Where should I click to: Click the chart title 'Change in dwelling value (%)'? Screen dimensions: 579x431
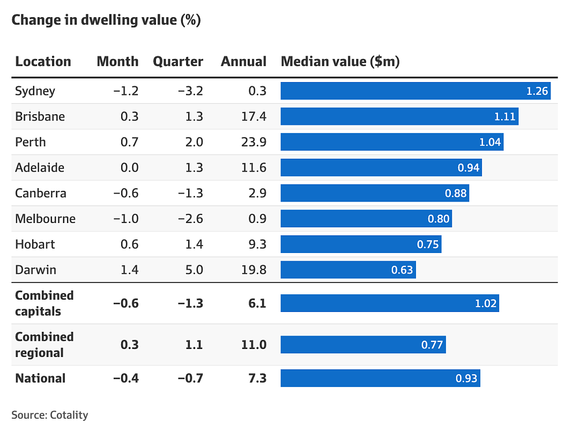tap(106, 20)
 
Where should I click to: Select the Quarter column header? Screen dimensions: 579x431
tap(178, 62)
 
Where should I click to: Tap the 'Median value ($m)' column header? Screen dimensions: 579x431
tap(340, 62)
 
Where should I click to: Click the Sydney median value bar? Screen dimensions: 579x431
tap(415, 91)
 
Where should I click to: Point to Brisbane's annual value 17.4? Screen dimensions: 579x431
tap(254, 117)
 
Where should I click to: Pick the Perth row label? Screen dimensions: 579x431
tap(30, 142)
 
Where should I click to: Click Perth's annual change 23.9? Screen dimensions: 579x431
tap(254, 142)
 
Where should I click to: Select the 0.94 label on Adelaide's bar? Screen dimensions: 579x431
tap(468, 168)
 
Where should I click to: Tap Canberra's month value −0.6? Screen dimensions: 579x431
tap(126, 193)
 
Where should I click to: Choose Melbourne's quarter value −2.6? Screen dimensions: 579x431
tap(190, 219)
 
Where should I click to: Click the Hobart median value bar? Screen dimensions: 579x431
tap(361, 244)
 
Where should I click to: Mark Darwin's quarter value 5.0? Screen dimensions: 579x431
tap(194, 270)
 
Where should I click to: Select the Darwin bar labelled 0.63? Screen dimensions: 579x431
tap(348, 270)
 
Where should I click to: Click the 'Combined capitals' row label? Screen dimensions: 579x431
tap(44, 303)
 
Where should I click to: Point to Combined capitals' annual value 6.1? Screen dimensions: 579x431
tap(257, 303)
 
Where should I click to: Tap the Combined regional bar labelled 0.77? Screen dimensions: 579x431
tap(363, 345)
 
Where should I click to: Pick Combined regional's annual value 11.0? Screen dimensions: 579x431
tap(254, 345)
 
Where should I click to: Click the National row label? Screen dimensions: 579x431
tap(40, 378)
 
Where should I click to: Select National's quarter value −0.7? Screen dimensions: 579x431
tap(190, 378)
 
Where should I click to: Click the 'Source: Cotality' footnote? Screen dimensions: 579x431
tap(50, 415)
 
